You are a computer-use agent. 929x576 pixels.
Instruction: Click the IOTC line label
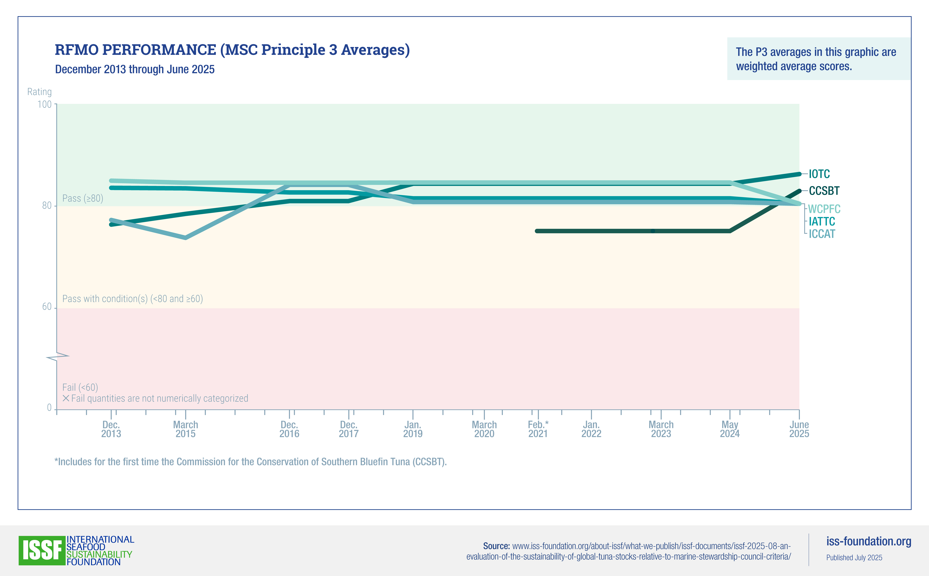pos(819,174)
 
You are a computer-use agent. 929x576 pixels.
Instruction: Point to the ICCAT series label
pos(822,234)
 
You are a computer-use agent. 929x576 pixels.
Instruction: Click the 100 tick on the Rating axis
pos(45,104)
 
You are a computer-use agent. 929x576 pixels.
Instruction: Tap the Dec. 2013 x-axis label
pos(111,429)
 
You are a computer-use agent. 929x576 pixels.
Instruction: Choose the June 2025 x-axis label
pos(799,429)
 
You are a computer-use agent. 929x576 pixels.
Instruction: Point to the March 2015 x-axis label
pos(185,429)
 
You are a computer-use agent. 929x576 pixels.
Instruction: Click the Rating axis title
pos(39,92)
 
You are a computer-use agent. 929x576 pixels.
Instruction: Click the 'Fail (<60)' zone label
pos(80,387)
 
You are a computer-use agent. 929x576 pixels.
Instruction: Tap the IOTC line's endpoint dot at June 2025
pos(799,174)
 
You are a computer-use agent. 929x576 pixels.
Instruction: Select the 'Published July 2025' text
pos(854,558)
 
